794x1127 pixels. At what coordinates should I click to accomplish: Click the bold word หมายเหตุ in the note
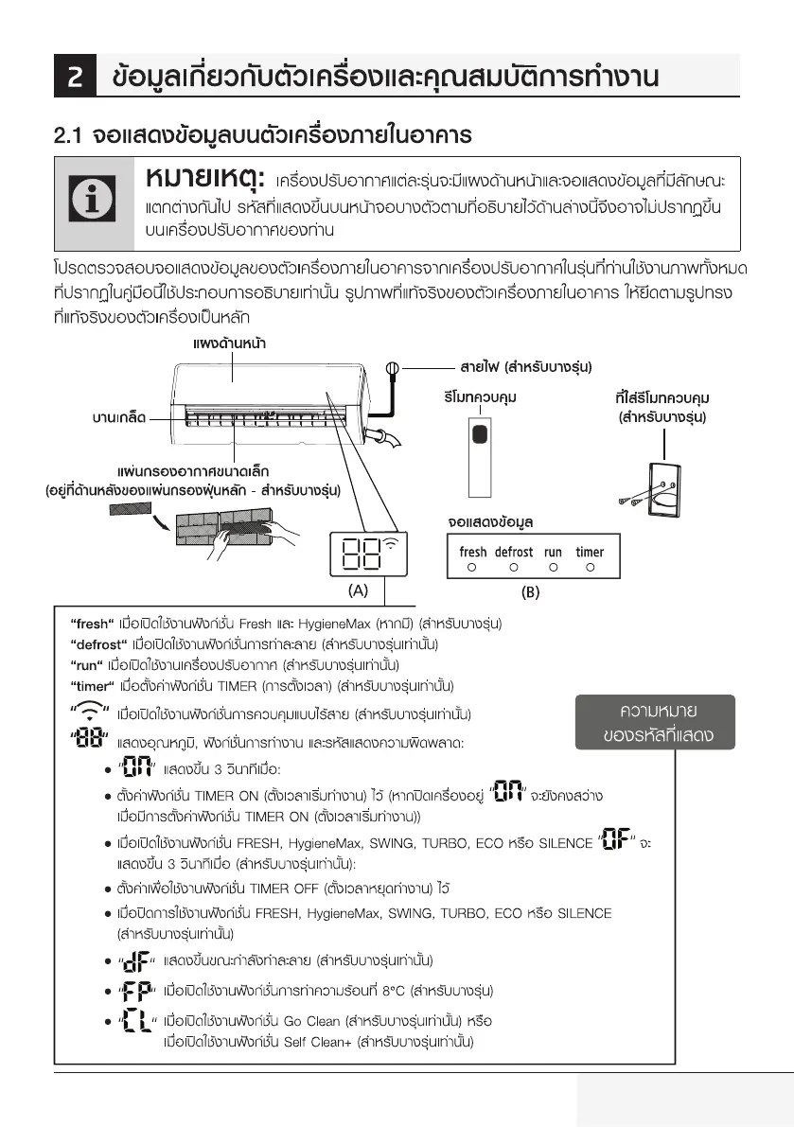pyautogui.click(x=203, y=179)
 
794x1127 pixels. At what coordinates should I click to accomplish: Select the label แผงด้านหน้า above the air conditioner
pyautogui.click(x=230, y=343)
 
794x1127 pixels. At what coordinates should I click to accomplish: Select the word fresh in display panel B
pyautogui.click(x=473, y=552)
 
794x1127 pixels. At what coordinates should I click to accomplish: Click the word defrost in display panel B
pyautogui.click(x=514, y=552)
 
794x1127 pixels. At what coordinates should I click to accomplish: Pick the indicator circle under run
pyautogui.click(x=553, y=568)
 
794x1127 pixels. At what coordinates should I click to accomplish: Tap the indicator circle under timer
pyautogui.click(x=590, y=568)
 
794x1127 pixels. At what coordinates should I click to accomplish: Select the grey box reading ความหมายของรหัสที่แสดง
pyautogui.click(x=658, y=722)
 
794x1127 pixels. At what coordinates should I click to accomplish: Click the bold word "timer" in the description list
pyautogui.click(x=92, y=685)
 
